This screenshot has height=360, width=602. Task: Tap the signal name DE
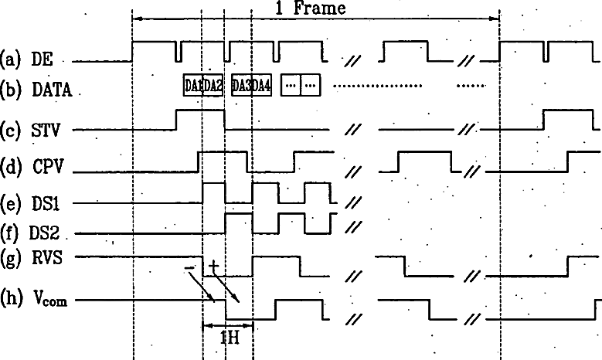pyautogui.click(x=40, y=59)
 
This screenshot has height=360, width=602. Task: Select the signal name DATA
pyautogui.click(x=52, y=90)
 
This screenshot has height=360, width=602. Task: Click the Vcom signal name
pyautogui.click(x=49, y=300)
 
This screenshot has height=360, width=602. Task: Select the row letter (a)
pyautogui.click(x=12, y=59)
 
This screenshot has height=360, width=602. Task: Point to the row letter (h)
pyautogui.click(x=12, y=299)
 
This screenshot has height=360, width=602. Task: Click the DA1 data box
pyautogui.click(x=192, y=85)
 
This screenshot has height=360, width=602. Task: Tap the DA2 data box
pyautogui.click(x=213, y=85)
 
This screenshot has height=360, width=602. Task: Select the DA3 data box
pyautogui.click(x=242, y=85)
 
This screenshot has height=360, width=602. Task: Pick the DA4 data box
pyautogui.click(x=262, y=85)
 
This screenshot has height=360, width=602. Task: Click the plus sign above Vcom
pyautogui.click(x=213, y=265)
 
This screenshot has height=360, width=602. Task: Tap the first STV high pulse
pyautogui.click(x=200, y=110)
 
